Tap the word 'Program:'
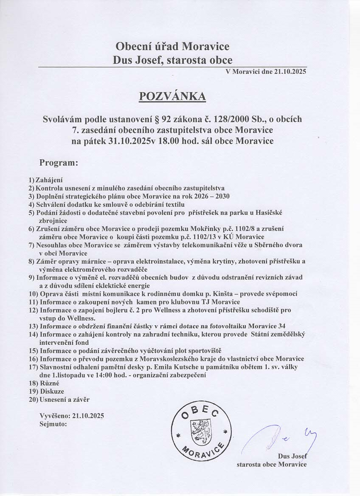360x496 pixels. click(59, 162)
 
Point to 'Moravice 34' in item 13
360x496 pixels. click(268, 325)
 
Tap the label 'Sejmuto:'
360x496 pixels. click(53, 423)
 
